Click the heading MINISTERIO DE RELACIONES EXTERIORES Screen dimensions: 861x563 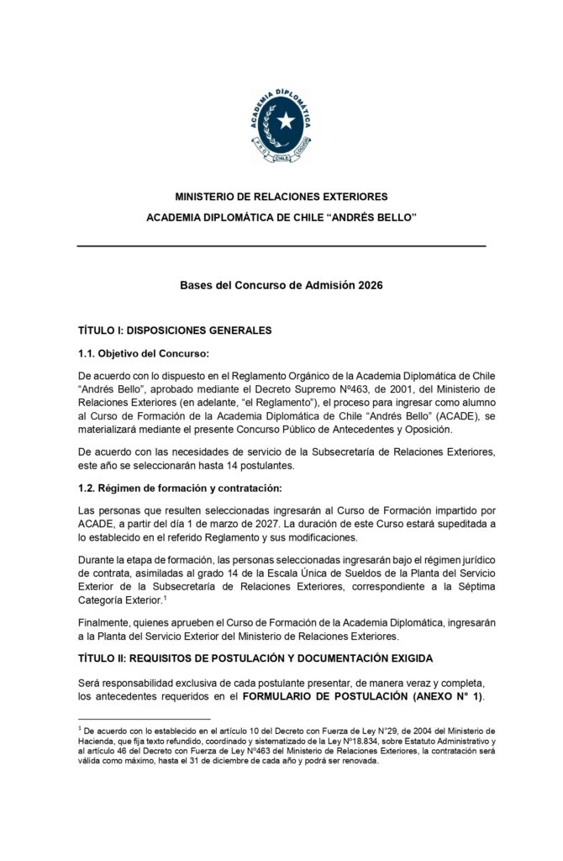(x=281, y=197)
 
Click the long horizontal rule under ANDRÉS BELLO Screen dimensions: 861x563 (x=281, y=246)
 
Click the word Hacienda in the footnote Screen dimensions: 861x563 (x=94, y=740)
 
